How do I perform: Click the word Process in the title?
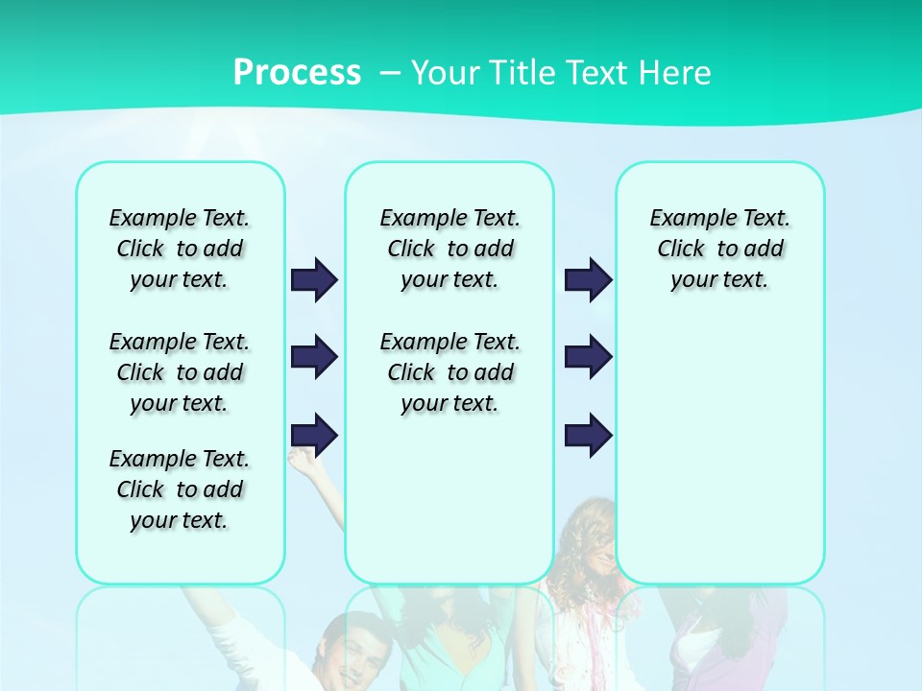(297, 72)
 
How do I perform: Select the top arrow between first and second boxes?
(314, 279)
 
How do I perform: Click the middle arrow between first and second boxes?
(314, 357)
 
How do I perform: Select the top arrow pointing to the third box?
(588, 279)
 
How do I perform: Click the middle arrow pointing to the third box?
(588, 357)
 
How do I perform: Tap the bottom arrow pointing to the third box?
(588, 435)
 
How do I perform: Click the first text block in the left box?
(180, 249)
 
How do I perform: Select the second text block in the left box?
(180, 372)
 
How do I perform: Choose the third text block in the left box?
(180, 489)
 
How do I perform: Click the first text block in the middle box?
(449, 249)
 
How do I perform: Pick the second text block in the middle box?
(449, 372)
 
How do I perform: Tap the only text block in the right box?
(719, 249)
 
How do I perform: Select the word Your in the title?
(445, 72)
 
